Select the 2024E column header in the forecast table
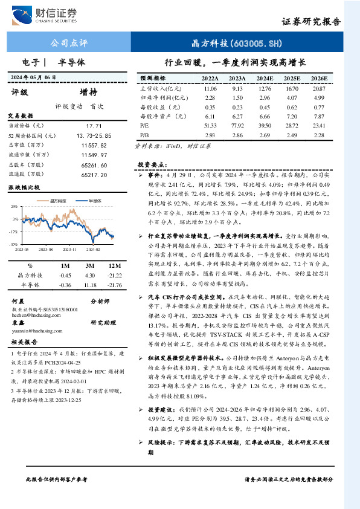tap(264, 79)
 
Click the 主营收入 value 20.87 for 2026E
tap(318, 88)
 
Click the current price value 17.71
tap(97, 125)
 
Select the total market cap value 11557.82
tap(97, 146)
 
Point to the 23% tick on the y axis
tap(14, 207)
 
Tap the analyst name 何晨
tap(18, 300)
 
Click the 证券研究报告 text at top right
tap(310, 21)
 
